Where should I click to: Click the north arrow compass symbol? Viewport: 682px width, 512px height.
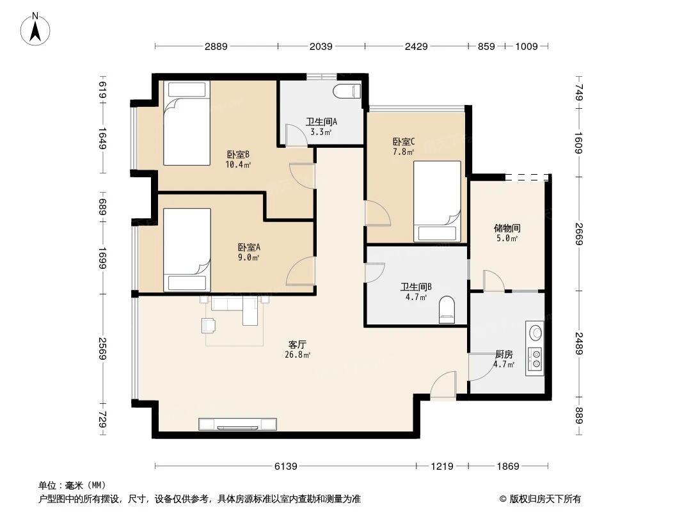35,29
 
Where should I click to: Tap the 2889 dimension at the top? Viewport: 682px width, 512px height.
216,46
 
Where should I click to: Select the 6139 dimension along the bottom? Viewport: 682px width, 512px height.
286,467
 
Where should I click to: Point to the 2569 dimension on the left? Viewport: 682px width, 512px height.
103,348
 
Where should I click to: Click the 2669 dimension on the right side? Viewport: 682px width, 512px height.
578,234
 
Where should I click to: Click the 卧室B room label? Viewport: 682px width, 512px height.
238,154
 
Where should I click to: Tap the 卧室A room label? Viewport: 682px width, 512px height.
249,248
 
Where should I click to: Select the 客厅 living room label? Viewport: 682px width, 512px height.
297,344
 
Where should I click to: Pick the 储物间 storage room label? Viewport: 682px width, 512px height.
507,228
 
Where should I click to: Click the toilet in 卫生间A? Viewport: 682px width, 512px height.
347,91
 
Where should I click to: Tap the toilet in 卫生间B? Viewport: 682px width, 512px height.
447,310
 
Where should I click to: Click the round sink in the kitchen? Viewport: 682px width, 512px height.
535,333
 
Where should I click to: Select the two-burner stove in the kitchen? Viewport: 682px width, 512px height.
535,358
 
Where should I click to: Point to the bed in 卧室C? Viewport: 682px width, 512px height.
437,202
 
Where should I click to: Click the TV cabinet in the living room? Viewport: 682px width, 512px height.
237,424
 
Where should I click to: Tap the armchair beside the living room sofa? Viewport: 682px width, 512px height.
209,325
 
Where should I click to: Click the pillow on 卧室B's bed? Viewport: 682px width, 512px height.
187,90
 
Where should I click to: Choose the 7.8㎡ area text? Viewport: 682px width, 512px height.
404,152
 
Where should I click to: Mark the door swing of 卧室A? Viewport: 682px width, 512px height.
301,271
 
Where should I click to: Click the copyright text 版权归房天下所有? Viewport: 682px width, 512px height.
545,499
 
